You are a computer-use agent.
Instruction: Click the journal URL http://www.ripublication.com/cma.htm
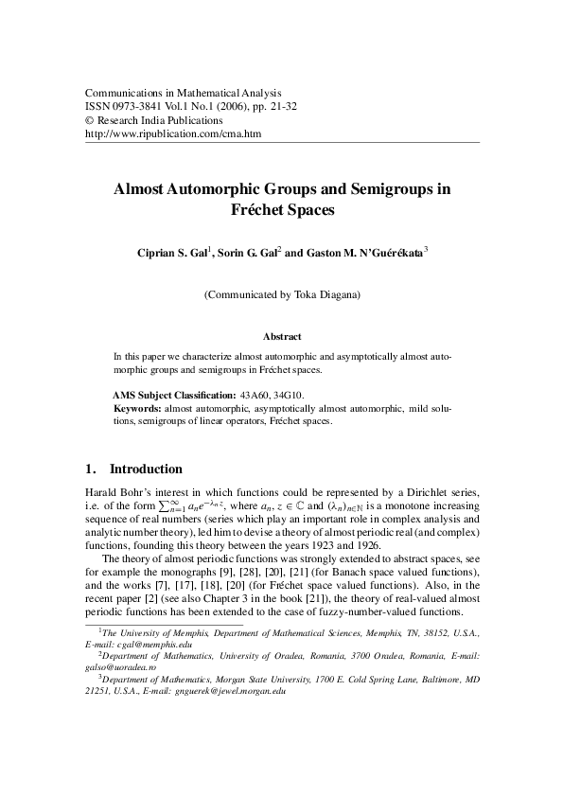pos(173,134)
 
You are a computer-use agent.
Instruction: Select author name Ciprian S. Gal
pos(173,254)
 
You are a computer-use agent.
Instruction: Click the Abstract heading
pos(282,337)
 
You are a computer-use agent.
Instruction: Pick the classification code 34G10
pos(290,393)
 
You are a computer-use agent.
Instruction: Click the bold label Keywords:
pos(136,408)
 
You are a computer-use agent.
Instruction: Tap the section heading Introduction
pos(146,469)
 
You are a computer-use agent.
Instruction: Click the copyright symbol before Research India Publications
pos(90,121)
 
